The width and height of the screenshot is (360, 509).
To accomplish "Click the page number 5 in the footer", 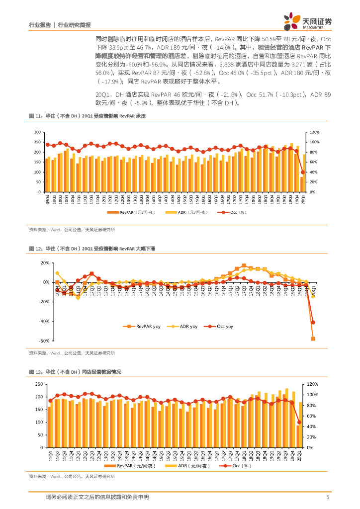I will coord(328,497).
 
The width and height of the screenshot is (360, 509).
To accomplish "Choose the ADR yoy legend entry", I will coord(182,327).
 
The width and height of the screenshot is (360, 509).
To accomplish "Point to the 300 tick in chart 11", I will coord(37,132).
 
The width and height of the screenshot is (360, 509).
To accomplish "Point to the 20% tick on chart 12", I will coord(44,263).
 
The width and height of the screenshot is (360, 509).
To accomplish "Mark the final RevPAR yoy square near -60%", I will coord(313,339).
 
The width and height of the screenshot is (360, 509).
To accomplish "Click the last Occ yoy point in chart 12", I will coord(313,322).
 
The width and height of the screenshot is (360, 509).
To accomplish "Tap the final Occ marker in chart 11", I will coord(303,172).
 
